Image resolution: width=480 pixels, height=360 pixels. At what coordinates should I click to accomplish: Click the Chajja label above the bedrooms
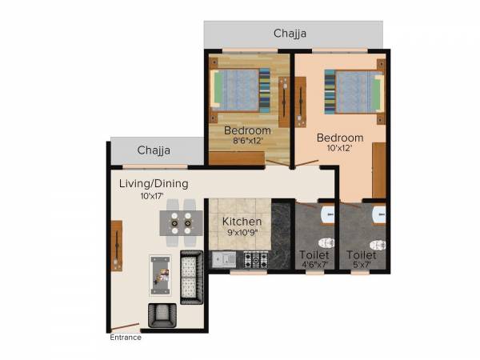(x=290, y=34)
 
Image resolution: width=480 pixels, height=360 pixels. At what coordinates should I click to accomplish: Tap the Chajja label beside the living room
(x=153, y=150)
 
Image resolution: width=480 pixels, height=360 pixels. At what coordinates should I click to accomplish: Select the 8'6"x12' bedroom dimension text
(x=246, y=142)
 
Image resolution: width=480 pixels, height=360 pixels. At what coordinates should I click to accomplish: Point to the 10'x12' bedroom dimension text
(x=339, y=149)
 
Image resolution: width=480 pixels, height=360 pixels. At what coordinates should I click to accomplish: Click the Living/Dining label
(x=154, y=184)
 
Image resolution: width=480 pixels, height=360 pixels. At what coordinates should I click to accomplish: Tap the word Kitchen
(x=241, y=221)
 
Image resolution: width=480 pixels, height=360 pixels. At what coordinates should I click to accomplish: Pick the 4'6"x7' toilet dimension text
(x=318, y=265)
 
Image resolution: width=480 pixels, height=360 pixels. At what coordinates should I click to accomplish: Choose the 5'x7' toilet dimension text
(x=362, y=265)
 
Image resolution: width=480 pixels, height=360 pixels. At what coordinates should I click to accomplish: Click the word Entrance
(x=126, y=338)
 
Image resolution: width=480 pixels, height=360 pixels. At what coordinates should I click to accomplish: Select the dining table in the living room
(x=179, y=222)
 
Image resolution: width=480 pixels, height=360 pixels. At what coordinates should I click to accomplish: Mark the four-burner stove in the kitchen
(x=256, y=259)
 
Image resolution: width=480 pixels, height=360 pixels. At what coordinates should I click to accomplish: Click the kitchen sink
(x=224, y=259)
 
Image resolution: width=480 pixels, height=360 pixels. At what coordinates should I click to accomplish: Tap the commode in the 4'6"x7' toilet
(x=325, y=242)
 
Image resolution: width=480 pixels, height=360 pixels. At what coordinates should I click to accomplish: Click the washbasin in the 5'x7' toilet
(x=379, y=214)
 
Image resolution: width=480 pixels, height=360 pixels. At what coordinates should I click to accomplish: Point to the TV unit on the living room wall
(x=117, y=246)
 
